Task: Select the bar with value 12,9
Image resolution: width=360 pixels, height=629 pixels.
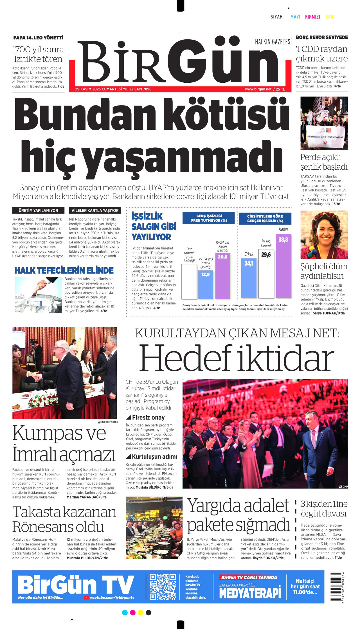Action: (206, 285)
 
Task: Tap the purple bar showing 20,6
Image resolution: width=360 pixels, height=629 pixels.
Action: (222, 276)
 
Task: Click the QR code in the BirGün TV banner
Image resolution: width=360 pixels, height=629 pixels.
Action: (163, 587)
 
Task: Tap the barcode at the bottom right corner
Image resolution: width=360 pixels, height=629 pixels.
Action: (336, 587)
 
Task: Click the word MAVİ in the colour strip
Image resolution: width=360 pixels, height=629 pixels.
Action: (295, 17)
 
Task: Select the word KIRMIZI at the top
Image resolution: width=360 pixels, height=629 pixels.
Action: (312, 17)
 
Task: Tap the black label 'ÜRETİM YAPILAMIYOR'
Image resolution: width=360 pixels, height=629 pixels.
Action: (38, 210)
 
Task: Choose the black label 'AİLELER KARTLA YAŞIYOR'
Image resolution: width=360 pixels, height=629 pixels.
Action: (95, 210)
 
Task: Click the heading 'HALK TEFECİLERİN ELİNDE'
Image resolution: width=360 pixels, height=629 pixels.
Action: (64, 271)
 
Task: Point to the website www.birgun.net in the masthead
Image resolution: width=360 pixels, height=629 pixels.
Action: (258, 89)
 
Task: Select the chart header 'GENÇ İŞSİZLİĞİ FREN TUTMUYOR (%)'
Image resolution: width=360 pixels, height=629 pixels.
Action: (209, 218)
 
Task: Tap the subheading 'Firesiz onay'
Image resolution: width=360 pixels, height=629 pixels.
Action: (148, 417)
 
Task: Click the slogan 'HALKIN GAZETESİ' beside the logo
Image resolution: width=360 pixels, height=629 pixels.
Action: (273, 42)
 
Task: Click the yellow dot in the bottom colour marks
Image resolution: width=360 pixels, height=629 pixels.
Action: (141, 612)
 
